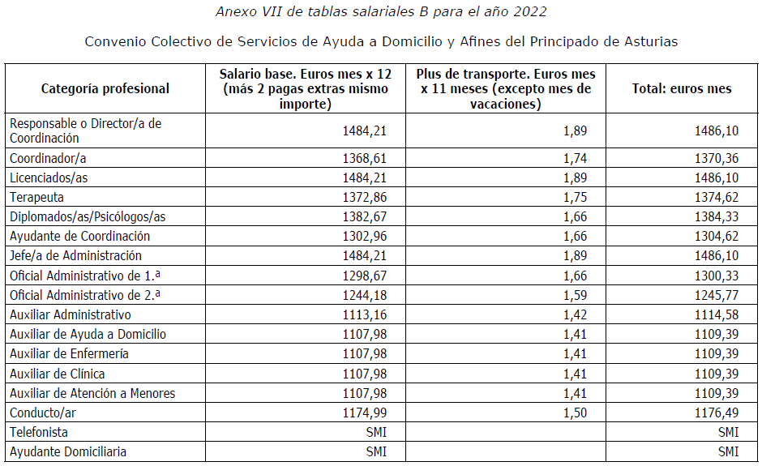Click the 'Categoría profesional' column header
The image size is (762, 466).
(105, 89)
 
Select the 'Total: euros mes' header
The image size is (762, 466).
(682, 89)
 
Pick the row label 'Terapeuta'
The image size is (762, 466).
(36, 197)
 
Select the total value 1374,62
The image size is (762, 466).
(716, 197)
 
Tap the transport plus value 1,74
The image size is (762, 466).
(575, 158)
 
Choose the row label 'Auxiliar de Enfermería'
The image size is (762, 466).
(69, 354)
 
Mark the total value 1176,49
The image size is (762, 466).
(716, 413)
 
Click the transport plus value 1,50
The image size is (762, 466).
(575, 413)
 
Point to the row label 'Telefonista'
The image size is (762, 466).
(39, 433)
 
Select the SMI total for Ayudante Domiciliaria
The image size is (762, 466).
(728, 452)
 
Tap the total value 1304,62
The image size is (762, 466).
(716, 236)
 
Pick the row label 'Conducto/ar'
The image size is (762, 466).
(42, 413)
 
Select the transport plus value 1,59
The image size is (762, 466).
(575, 295)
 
